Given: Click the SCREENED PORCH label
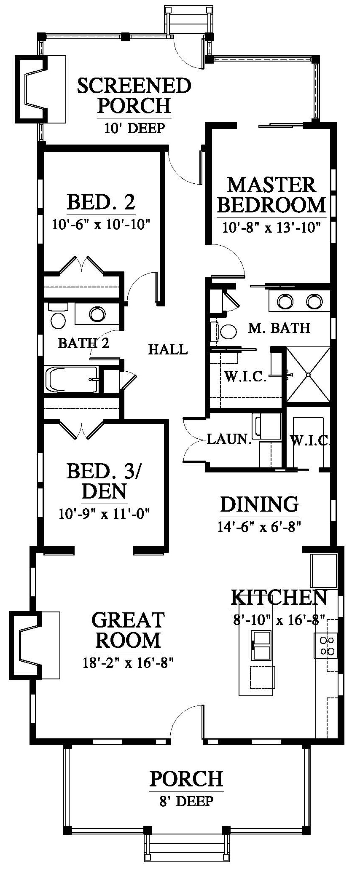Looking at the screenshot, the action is pos(134,95).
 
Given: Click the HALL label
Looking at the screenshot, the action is pos(168,349).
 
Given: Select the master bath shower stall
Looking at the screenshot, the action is pos(308,374).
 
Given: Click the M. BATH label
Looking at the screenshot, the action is pos(279,327).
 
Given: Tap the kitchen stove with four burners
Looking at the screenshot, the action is pos(325,645).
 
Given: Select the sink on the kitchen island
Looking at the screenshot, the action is pos(261,645).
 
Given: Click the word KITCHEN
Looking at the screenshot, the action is pos(279,598).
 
